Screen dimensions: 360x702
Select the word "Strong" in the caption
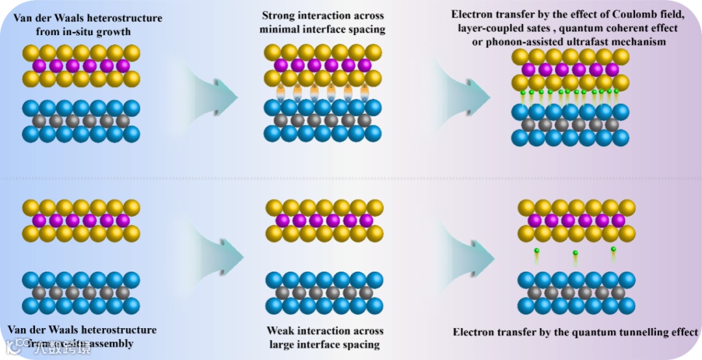[x=279, y=16]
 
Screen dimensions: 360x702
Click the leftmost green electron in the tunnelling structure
[x=537, y=251]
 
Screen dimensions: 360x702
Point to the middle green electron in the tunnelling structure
[x=575, y=253]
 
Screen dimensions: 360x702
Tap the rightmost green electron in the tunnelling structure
[x=612, y=249]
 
